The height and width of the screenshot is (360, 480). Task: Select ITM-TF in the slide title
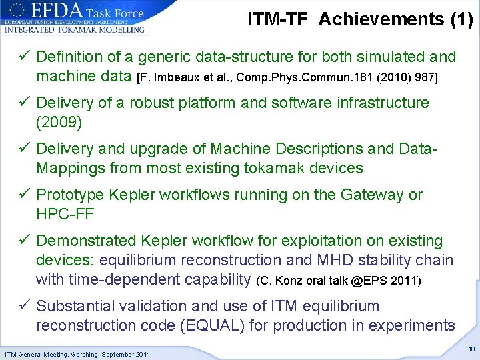(x=278, y=19)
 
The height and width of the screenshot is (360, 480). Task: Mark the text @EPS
(x=367, y=281)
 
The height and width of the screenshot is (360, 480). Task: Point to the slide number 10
(x=471, y=349)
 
